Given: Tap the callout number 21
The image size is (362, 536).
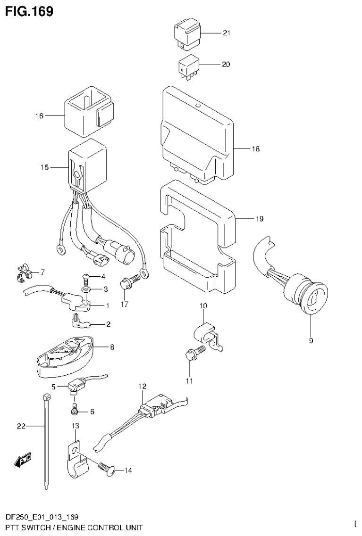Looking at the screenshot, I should tap(226, 33).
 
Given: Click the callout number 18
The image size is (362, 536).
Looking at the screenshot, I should tap(255, 149).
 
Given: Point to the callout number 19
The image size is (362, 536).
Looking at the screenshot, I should tap(259, 219).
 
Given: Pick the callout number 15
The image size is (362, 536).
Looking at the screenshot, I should tap(45, 167).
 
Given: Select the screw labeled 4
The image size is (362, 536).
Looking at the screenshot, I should tap(86, 277).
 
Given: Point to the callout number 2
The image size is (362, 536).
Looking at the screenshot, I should tap(108, 324).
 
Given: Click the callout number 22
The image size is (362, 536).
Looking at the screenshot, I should tap(20, 427).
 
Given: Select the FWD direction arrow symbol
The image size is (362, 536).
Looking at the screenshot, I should tap(23, 460).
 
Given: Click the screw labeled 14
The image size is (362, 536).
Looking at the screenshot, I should tap(104, 467).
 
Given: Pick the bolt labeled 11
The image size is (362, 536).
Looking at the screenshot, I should tap(194, 354).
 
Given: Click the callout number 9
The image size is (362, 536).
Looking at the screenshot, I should tap(311, 341).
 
